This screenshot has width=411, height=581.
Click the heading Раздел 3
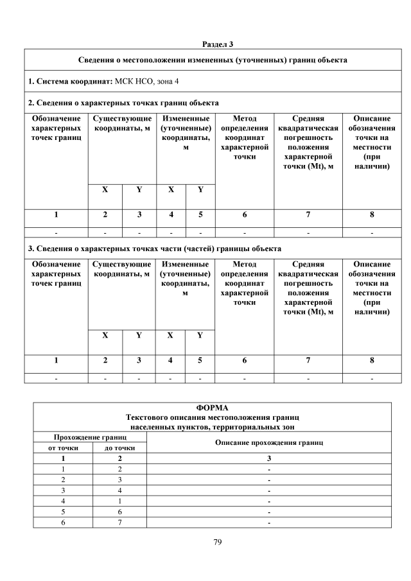[x=218, y=44]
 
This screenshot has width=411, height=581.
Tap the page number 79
[x=217, y=542]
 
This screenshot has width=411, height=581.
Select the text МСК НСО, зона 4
[x=151, y=82]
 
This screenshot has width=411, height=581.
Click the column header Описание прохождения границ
[x=268, y=442]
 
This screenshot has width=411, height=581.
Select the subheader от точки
[x=63, y=447]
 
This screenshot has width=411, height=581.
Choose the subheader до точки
[x=119, y=447]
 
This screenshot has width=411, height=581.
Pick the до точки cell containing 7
[x=119, y=522]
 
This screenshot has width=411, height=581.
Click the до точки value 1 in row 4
[x=119, y=500]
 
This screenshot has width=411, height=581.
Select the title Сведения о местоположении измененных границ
[x=213, y=60]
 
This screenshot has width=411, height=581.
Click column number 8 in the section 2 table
[x=372, y=215]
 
